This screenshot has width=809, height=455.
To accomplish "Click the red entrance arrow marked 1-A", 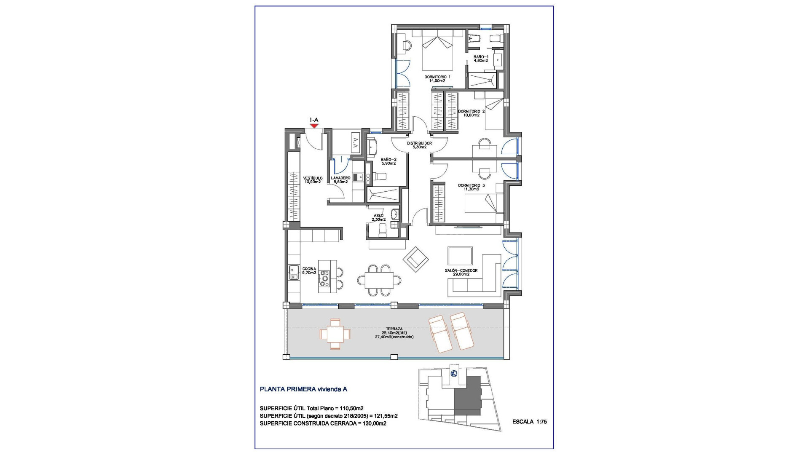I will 313,126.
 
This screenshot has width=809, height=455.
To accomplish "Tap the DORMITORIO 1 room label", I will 437,79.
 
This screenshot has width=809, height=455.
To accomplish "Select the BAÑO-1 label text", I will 481,58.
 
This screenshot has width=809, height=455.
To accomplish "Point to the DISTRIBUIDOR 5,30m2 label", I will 419,145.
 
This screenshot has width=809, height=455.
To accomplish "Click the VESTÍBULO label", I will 313,180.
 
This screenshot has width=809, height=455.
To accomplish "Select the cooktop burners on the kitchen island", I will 324,279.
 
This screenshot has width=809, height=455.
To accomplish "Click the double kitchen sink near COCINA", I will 294,273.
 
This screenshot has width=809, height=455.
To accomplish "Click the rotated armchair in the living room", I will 416,259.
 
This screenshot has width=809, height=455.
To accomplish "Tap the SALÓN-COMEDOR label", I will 461,273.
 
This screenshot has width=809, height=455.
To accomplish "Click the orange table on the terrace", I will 335,334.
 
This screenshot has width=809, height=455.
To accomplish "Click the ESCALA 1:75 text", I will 529,422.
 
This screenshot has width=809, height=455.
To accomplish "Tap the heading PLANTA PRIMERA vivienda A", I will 303,389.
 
